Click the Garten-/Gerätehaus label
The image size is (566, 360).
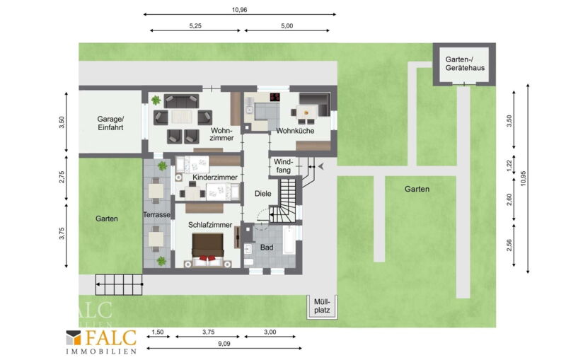[x=465, y=64]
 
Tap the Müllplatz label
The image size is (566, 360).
[x=322, y=306]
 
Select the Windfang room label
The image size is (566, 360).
[x=284, y=166]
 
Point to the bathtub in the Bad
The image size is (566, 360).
[x=289, y=240]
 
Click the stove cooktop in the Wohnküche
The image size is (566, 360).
[x=275, y=97]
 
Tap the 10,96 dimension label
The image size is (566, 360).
[x=239, y=10]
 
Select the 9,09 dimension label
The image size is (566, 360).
[x=224, y=344]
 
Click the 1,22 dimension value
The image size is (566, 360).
[x=509, y=166]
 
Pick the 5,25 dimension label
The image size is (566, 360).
[x=195, y=26]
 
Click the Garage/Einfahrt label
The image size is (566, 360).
[x=110, y=123]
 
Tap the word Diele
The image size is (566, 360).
[x=262, y=193]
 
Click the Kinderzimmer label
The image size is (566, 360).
[x=215, y=177]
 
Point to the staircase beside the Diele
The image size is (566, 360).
[x=285, y=199]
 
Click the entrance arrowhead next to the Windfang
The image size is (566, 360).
[x=320, y=166]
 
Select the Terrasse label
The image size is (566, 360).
[x=156, y=214]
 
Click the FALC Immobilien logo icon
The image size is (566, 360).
[x=74, y=337]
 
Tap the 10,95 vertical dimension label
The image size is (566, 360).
[x=524, y=178]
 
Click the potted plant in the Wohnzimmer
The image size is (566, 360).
[x=156, y=100]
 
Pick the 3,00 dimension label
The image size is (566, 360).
[x=270, y=332]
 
